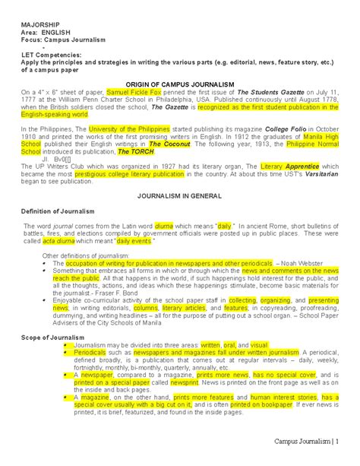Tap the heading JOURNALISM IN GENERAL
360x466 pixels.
tap(179, 195)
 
